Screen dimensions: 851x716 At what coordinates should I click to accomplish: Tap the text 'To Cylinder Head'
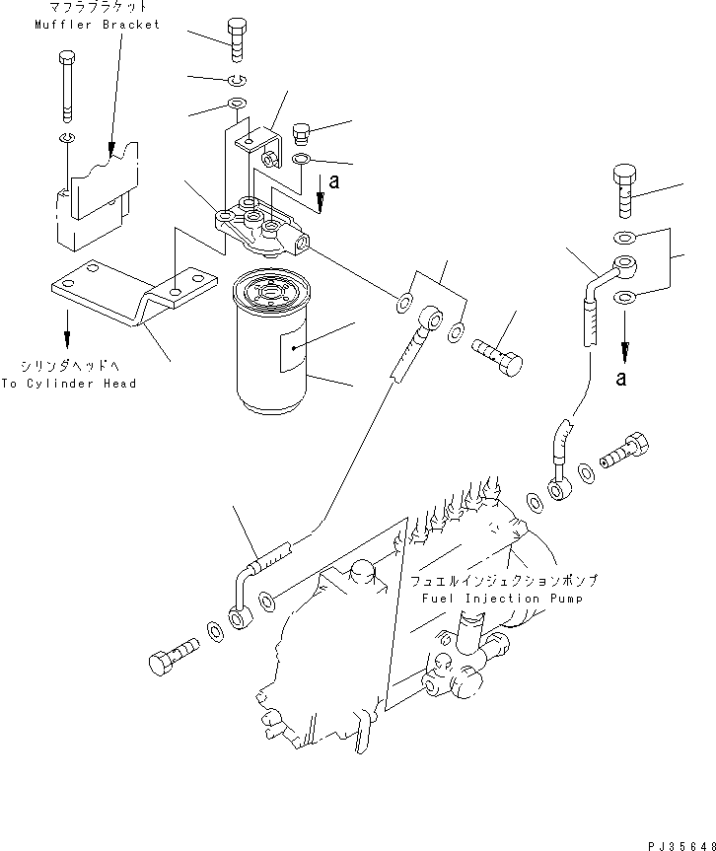coord(69,384)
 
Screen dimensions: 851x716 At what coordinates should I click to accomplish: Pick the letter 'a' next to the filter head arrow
coord(335,180)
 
